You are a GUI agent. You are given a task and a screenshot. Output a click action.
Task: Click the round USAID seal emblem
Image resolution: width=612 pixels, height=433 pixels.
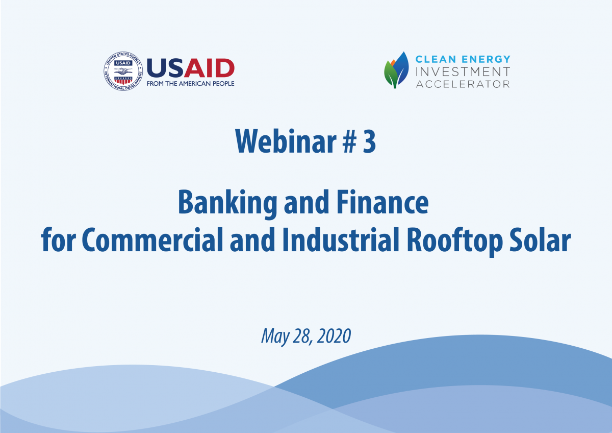click(x=123, y=71)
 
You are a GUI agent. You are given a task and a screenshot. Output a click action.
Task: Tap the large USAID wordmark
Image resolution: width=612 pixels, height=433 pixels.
click(x=190, y=68)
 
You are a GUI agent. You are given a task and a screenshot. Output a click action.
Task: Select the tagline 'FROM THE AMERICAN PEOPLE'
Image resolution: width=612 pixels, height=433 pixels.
click(x=190, y=84)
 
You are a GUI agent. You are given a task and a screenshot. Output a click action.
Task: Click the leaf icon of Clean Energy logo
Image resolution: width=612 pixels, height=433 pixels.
click(x=396, y=70)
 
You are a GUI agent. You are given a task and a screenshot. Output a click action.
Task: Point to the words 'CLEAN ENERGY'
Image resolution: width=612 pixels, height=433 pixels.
click(x=463, y=59)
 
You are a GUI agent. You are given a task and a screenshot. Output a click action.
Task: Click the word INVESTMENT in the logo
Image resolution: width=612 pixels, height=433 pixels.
click(x=463, y=71)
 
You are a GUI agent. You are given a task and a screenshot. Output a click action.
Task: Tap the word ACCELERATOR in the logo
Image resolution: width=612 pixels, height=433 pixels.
click(x=463, y=84)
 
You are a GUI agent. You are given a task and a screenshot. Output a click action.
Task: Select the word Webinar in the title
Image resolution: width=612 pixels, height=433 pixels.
click(x=286, y=141)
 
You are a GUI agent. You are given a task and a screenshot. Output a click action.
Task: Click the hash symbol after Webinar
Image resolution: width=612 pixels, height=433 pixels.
click(x=350, y=141)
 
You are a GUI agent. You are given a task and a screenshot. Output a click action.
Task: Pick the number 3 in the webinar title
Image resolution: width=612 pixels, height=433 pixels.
click(x=369, y=141)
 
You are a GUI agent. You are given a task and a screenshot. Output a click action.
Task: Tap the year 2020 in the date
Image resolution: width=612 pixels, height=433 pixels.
click(x=334, y=336)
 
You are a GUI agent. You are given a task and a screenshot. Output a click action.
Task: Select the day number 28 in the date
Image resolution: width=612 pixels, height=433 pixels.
click(x=303, y=336)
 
